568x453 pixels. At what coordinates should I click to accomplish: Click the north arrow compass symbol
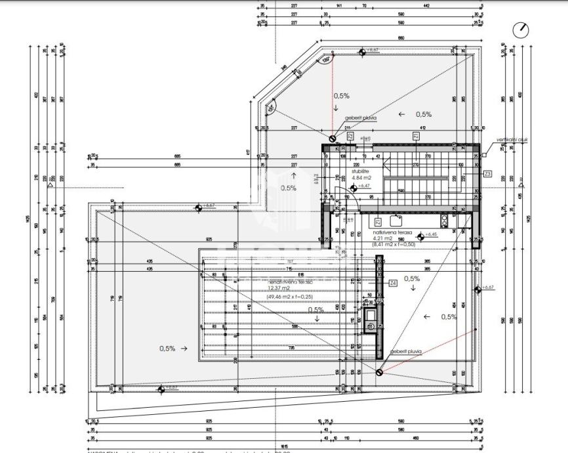(522, 30)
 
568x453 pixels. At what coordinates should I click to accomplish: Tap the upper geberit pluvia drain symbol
(333, 139)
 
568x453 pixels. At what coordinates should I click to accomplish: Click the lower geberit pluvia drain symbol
(380, 372)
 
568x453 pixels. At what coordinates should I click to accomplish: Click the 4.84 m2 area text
(361, 178)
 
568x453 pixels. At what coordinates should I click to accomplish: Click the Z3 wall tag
(487, 174)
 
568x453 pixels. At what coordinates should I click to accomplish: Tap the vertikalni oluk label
(512, 139)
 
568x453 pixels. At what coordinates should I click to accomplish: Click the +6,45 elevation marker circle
(420, 236)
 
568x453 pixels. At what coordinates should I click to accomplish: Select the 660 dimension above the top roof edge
(401, 37)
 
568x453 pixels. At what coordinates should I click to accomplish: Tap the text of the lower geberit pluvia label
(405, 352)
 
